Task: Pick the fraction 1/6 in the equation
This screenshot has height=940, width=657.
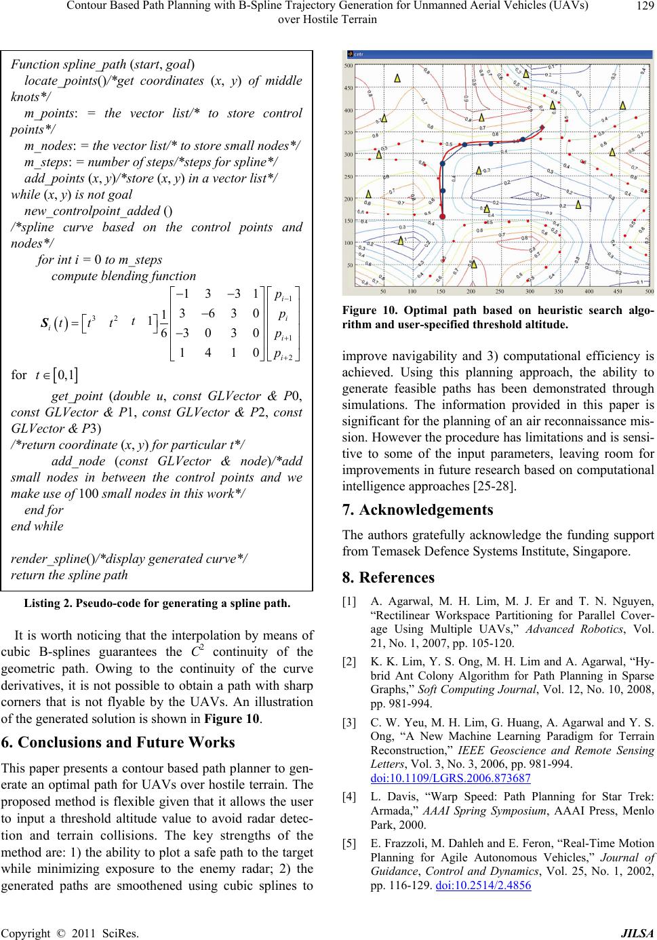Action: tap(163, 321)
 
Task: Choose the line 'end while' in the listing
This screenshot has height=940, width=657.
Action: tap(37, 526)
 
